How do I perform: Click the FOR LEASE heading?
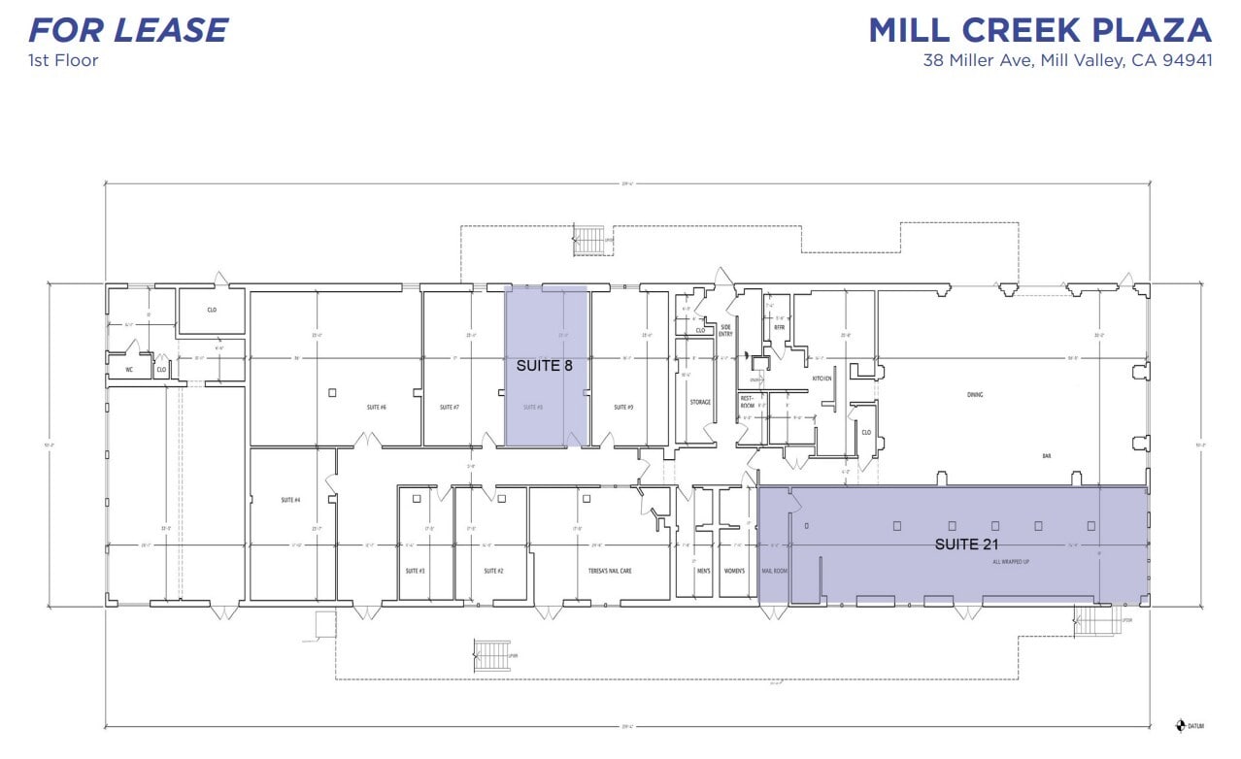(x=128, y=30)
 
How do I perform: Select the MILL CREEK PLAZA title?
(x=1040, y=30)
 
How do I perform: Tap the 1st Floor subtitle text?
(x=63, y=60)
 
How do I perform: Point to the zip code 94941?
(x=1185, y=61)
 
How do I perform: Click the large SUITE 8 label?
(x=545, y=366)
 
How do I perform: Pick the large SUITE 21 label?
(x=966, y=544)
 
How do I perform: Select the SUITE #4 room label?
(x=289, y=500)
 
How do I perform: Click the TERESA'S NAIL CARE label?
(x=610, y=571)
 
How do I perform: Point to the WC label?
(x=127, y=370)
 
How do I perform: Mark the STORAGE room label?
(x=700, y=402)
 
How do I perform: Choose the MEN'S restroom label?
(x=703, y=571)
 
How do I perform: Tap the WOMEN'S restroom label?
(x=733, y=571)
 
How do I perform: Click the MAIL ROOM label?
(x=774, y=571)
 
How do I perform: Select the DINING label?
(x=975, y=395)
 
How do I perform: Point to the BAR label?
(x=1047, y=455)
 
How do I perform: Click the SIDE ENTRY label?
(x=725, y=331)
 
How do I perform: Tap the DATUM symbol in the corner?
(x=1181, y=725)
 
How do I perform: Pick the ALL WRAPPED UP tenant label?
(x=1010, y=562)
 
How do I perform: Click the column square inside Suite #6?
(x=332, y=392)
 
